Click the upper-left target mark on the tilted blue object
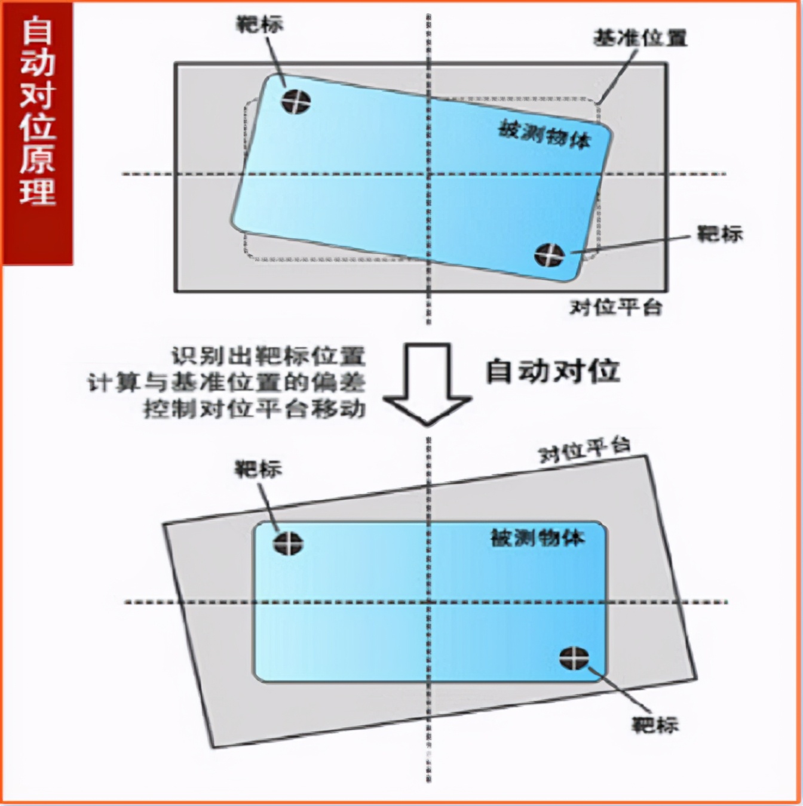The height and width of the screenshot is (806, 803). (x=297, y=102)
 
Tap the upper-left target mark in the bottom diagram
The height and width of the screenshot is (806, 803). (x=289, y=543)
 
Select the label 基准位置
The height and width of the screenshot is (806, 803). (x=640, y=38)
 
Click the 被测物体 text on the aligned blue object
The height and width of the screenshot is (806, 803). (x=537, y=538)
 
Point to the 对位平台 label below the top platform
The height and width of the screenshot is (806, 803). (x=615, y=307)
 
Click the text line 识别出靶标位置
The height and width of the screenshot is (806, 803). (x=268, y=356)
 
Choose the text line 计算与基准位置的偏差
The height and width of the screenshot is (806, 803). (x=226, y=383)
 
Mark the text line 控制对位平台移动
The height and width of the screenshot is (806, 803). (x=254, y=409)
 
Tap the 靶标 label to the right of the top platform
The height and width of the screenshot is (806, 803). (x=720, y=233)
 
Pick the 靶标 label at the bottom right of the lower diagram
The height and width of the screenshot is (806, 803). (x=655, y=725)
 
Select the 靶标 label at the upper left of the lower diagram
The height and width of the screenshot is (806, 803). (x=258, y=469)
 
